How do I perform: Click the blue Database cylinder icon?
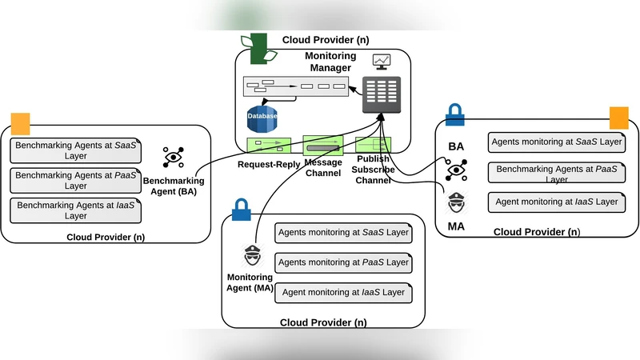coord(262,117)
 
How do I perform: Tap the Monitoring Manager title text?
coord(329,62)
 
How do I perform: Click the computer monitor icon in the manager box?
coord(382,62)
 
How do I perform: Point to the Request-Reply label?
coord(268,164)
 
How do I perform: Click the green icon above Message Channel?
coord(322,146)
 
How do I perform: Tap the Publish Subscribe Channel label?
coord(374,170)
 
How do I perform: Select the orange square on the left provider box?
coord(20,123)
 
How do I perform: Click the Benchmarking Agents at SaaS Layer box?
coord(76,150)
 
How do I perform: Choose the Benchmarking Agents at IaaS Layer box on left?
coord(76,210)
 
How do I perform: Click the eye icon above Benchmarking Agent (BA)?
coord(174,157)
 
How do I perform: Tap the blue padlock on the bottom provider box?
coord(241,210)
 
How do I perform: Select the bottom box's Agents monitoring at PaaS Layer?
coord(343,262)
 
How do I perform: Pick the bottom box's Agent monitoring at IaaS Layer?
coord(343,292)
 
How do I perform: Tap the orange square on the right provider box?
coord(619,118)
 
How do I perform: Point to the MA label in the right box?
coord(456,226)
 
